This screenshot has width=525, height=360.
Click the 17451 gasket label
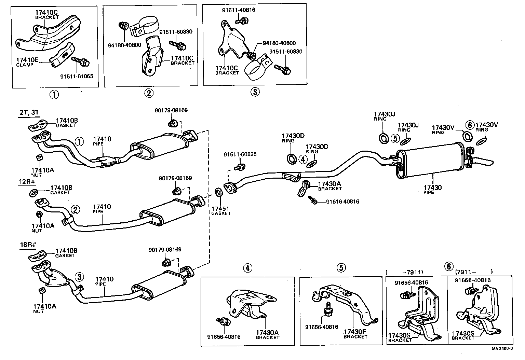[221, 209]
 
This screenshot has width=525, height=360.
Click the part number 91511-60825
[240, 154]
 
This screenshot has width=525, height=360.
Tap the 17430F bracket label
[355, 332]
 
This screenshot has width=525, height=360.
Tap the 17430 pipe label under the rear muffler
[432, 188]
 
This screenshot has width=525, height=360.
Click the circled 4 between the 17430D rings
[302, 159]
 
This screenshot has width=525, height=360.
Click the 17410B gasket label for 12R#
[61, 188]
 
